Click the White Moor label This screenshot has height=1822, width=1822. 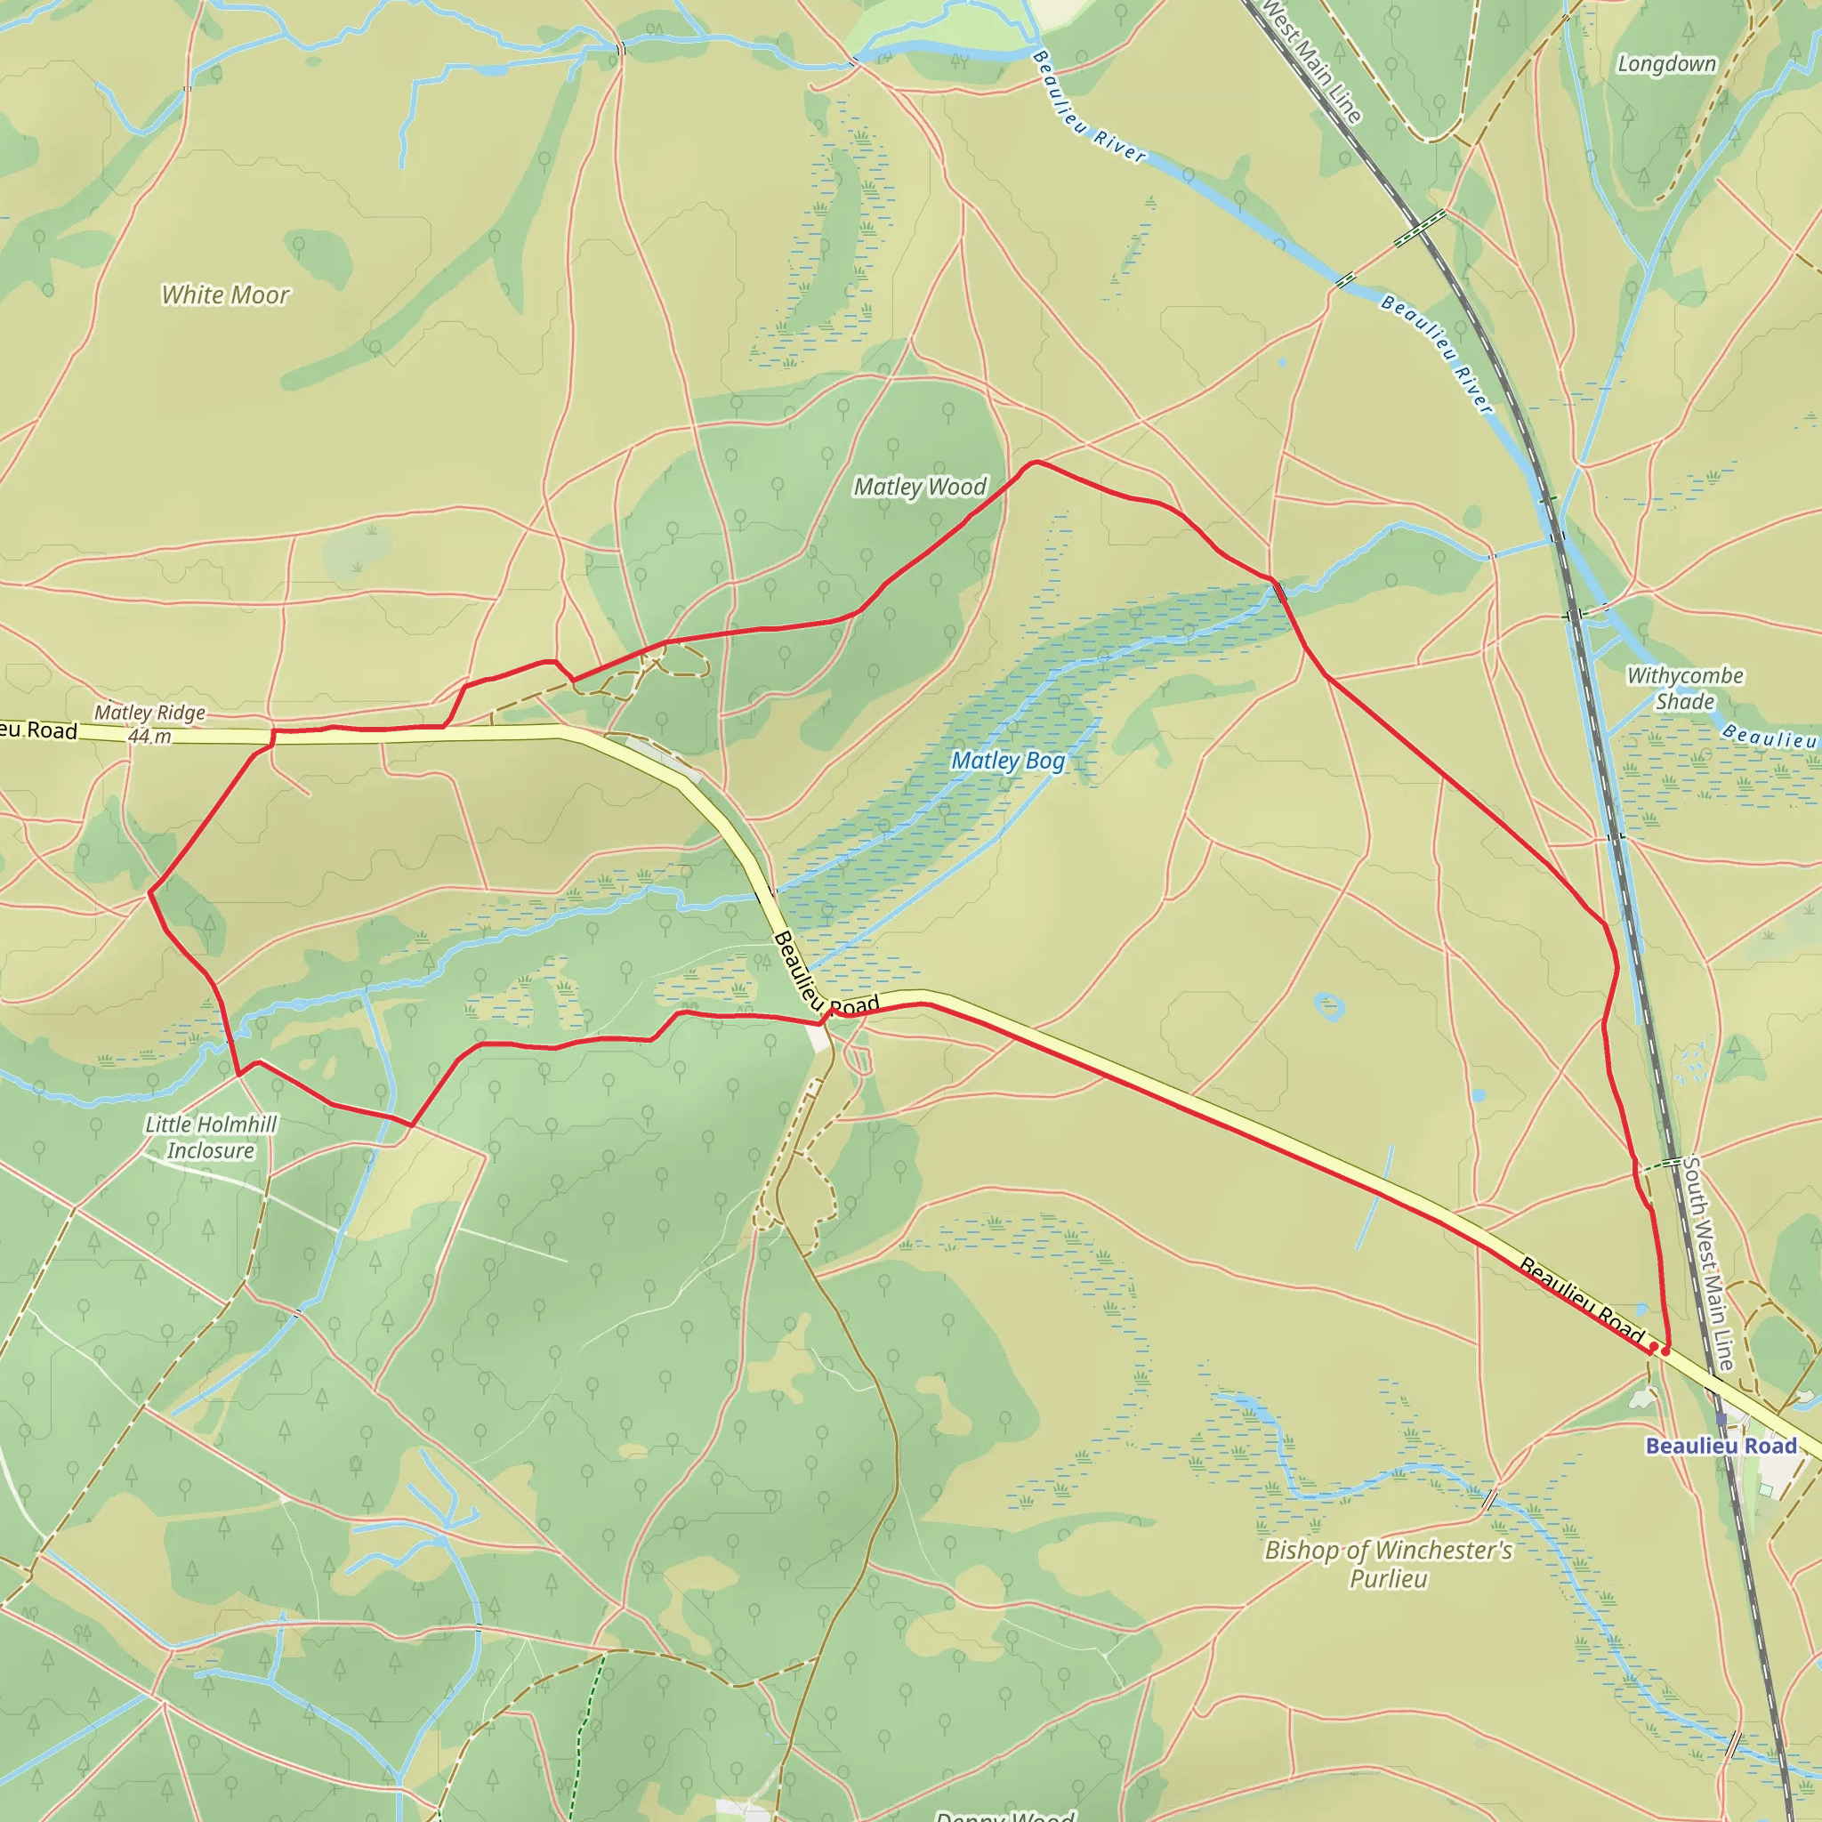click(x=225, y=295)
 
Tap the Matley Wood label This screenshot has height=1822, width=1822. click(x=920, y=487)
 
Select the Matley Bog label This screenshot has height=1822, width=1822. click(x=1007, y=761)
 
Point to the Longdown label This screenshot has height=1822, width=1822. click(x=1666, y=64)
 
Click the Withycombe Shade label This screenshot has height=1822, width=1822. click(x=1684, y=689)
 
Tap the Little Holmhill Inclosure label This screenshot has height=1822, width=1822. click(x=211, y=1137)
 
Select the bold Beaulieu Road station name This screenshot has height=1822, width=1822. click(x=1721, y=1447)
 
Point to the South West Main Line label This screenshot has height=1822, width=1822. click(x=1708, y=1263)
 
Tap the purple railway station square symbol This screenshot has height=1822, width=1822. click(x=1721, y=1418)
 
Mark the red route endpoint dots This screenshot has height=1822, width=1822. click(x=1659, y=1350)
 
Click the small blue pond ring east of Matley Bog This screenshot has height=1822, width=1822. click(x=1329, y=1006)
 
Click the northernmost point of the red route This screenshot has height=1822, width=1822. click(x=1036, y=462)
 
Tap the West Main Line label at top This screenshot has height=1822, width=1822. click(x=1310, y=61)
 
